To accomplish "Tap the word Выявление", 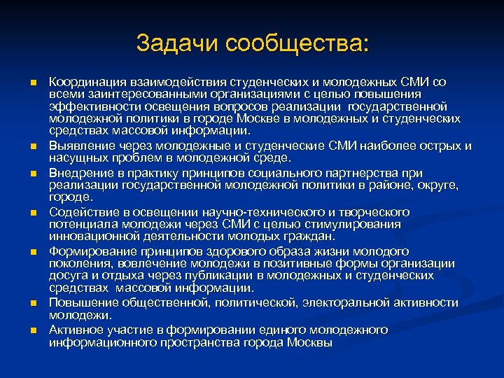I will [80, 146].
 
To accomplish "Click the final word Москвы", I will [311, 342].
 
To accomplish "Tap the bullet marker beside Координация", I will [32, 83].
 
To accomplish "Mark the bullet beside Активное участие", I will [32, 330].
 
